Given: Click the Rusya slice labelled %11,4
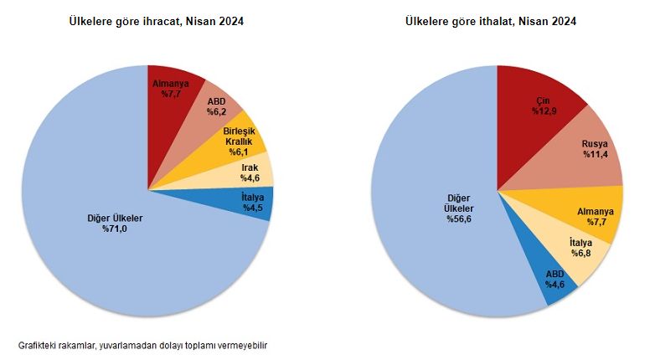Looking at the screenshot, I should click(x=591, y=151).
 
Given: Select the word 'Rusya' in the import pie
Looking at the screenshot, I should click(x=596, y=145).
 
